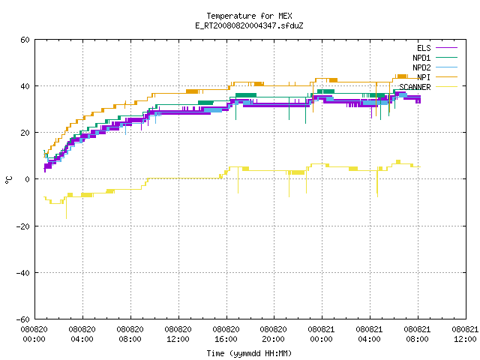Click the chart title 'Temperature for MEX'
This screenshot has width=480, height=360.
(x=249, y=16)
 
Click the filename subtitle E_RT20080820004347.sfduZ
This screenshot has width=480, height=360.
(x=249, y=25)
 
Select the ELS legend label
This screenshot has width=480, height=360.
(x=424, y=48)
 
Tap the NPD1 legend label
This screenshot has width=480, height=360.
(x=421, y=58)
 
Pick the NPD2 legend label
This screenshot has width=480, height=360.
(x=421, y=67)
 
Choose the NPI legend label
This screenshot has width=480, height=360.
(x=424, y=77)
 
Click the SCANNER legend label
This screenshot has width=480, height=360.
(x=415, y=87)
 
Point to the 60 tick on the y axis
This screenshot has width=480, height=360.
(x=25, y=40)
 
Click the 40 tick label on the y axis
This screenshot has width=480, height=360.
(x=25, y=86)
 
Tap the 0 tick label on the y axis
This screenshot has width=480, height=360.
(x=28, y=179)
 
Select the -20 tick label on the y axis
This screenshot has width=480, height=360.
(x=23, y=226)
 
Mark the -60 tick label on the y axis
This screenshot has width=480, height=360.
(x=23, y=319)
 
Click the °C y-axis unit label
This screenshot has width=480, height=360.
(x=9, y=180)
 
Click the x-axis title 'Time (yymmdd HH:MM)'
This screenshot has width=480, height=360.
(x=249, y=353)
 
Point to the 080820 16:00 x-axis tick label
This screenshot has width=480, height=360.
(x=226, y=334)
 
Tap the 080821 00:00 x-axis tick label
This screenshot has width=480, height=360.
(x=321, y=334)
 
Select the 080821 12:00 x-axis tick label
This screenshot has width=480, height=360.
(x=465, y=334)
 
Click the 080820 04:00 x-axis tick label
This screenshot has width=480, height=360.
(x=82, y=334)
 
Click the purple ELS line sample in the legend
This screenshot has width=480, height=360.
(x=447, y=48)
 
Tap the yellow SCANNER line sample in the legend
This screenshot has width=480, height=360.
(x=447, y=87)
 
